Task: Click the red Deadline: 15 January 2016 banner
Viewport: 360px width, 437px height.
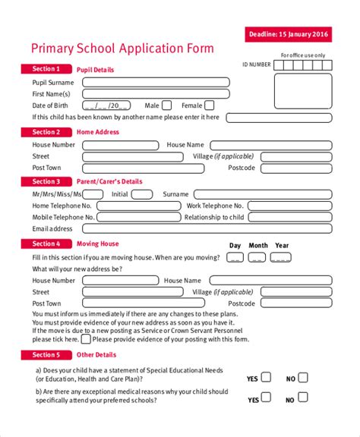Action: click(x=289, y=34)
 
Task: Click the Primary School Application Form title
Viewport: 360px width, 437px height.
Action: click(x=122, y=49)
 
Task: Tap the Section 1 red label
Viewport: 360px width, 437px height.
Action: click(x=46, y=69)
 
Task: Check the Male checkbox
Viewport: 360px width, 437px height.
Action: click(x=167, y=105)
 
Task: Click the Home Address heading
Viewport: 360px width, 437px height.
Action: click(x=98, y=132)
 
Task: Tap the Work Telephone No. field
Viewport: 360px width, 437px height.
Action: click(x=289, y=206)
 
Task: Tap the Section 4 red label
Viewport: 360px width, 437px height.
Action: click(x=46, y=244)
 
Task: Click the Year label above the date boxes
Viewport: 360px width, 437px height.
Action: click(x=282, y=246)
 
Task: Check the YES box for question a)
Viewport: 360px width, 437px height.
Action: click(x=266, y=377)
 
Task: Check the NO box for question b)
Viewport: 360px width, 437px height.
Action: click(x=303, y=398)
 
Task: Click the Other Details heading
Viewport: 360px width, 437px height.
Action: click(x=96, y=355)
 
